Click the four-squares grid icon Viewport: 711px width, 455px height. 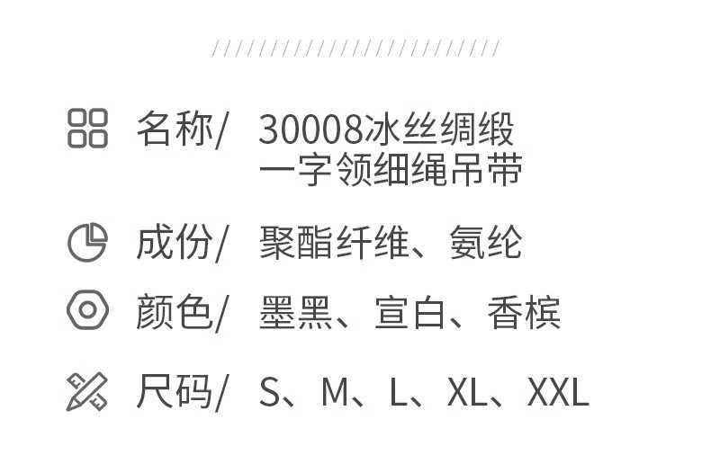(x=87, y=128)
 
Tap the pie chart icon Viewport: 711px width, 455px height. (x=87, y=242)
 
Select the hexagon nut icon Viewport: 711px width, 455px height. (x=87, y=311)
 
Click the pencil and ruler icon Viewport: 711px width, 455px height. (x=87, y=391)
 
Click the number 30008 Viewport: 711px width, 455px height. (x=310, y=130)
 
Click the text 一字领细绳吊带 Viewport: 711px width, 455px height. (x=390, y=170)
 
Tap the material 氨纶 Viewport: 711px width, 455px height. (x=486, y=243)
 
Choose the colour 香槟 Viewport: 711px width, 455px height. (x=524, y=313)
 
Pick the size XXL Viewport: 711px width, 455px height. (x=558, y=393)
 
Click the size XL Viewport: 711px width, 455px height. (x=468, y=393)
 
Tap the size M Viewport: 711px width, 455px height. (x=335, y=393)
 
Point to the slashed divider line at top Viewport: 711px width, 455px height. (x=355, y=49)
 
